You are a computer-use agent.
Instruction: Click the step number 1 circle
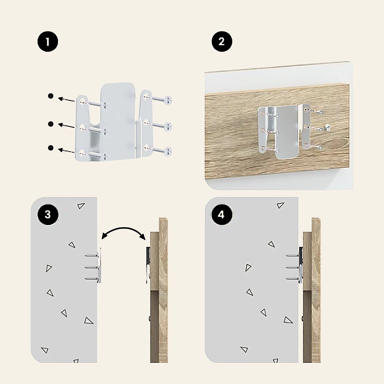tap(48, 42)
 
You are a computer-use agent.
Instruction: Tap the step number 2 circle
tap(222, 42)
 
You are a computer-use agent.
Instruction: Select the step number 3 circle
tap(48, 215)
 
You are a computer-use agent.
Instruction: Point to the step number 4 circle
tap(222, 215)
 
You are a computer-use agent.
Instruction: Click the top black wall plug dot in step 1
tap(51, 96)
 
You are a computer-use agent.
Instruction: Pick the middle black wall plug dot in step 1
tap(51, 124)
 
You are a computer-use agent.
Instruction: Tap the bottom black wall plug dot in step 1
tap(51, 148)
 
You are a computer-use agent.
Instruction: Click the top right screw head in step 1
tap(168, 100)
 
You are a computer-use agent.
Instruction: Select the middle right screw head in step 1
tap(168, 126)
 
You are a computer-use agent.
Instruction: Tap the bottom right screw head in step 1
tap(168, 151)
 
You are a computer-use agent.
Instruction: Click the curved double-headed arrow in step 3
tap(124, 228)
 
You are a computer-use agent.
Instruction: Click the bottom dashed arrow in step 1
tap(67, 151)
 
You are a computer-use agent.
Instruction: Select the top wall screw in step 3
tap(91, 255)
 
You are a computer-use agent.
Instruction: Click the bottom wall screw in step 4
tap(292, 278)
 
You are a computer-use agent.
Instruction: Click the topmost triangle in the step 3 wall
tap(81, 206)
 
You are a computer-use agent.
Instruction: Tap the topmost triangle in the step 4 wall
tap(280, 205)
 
